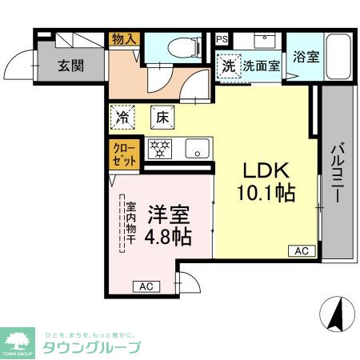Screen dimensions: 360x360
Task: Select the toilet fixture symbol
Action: point(180,47)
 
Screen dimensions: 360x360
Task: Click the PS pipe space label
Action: point(221,38)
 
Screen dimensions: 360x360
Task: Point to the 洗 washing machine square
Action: point(230,66)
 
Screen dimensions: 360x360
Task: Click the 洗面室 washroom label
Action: point(262,66)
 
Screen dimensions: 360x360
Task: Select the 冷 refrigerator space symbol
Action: point(124,117)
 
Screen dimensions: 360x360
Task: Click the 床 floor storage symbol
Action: point(162,117)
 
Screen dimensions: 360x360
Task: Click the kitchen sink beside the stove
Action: point(197,148)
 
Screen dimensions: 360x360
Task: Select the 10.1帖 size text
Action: point(266,192)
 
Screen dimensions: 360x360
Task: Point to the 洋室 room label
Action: point(169,214)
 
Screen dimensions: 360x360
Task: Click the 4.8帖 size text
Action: point(169,237)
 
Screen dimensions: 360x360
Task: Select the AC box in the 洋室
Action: point(146,286)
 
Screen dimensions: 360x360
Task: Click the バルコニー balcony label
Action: point(337,172)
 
